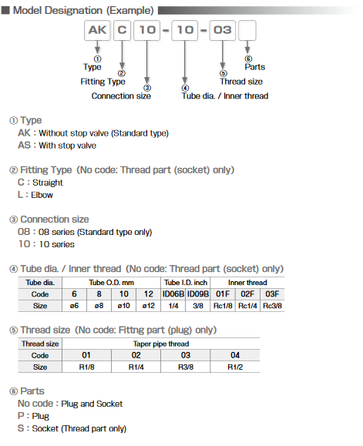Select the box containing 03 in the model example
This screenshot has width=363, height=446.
pyautogui.click(x=222, y=32)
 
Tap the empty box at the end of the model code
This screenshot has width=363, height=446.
pyautogui.click(x=248, y=32)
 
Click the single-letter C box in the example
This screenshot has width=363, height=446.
pyautogui.click(x=123, y=32)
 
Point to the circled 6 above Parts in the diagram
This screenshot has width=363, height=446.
pyautogui.click(x=248, y=59)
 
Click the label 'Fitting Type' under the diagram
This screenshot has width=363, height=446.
pyautogui.click(x=103, y=81)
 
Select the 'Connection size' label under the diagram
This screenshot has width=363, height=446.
pyautogui.click(x=117, y=96)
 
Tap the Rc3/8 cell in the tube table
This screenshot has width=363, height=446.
pyautogui.click(x=271, y=306)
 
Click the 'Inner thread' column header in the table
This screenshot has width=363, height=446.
pyautogui.click(x=247, y=283)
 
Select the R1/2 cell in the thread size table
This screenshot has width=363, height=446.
pyautogui.click(x=236, y=367)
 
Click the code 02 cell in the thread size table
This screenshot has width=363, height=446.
pyautogui.click(x=136, y=355)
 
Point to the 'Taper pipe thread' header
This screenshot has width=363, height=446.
pyautogui.click(x=160, y=344)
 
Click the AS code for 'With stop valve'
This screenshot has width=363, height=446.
pyautogui.click(x=24, y=145)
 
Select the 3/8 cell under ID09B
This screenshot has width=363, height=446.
pyautogui.click(x=197, y=306)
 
